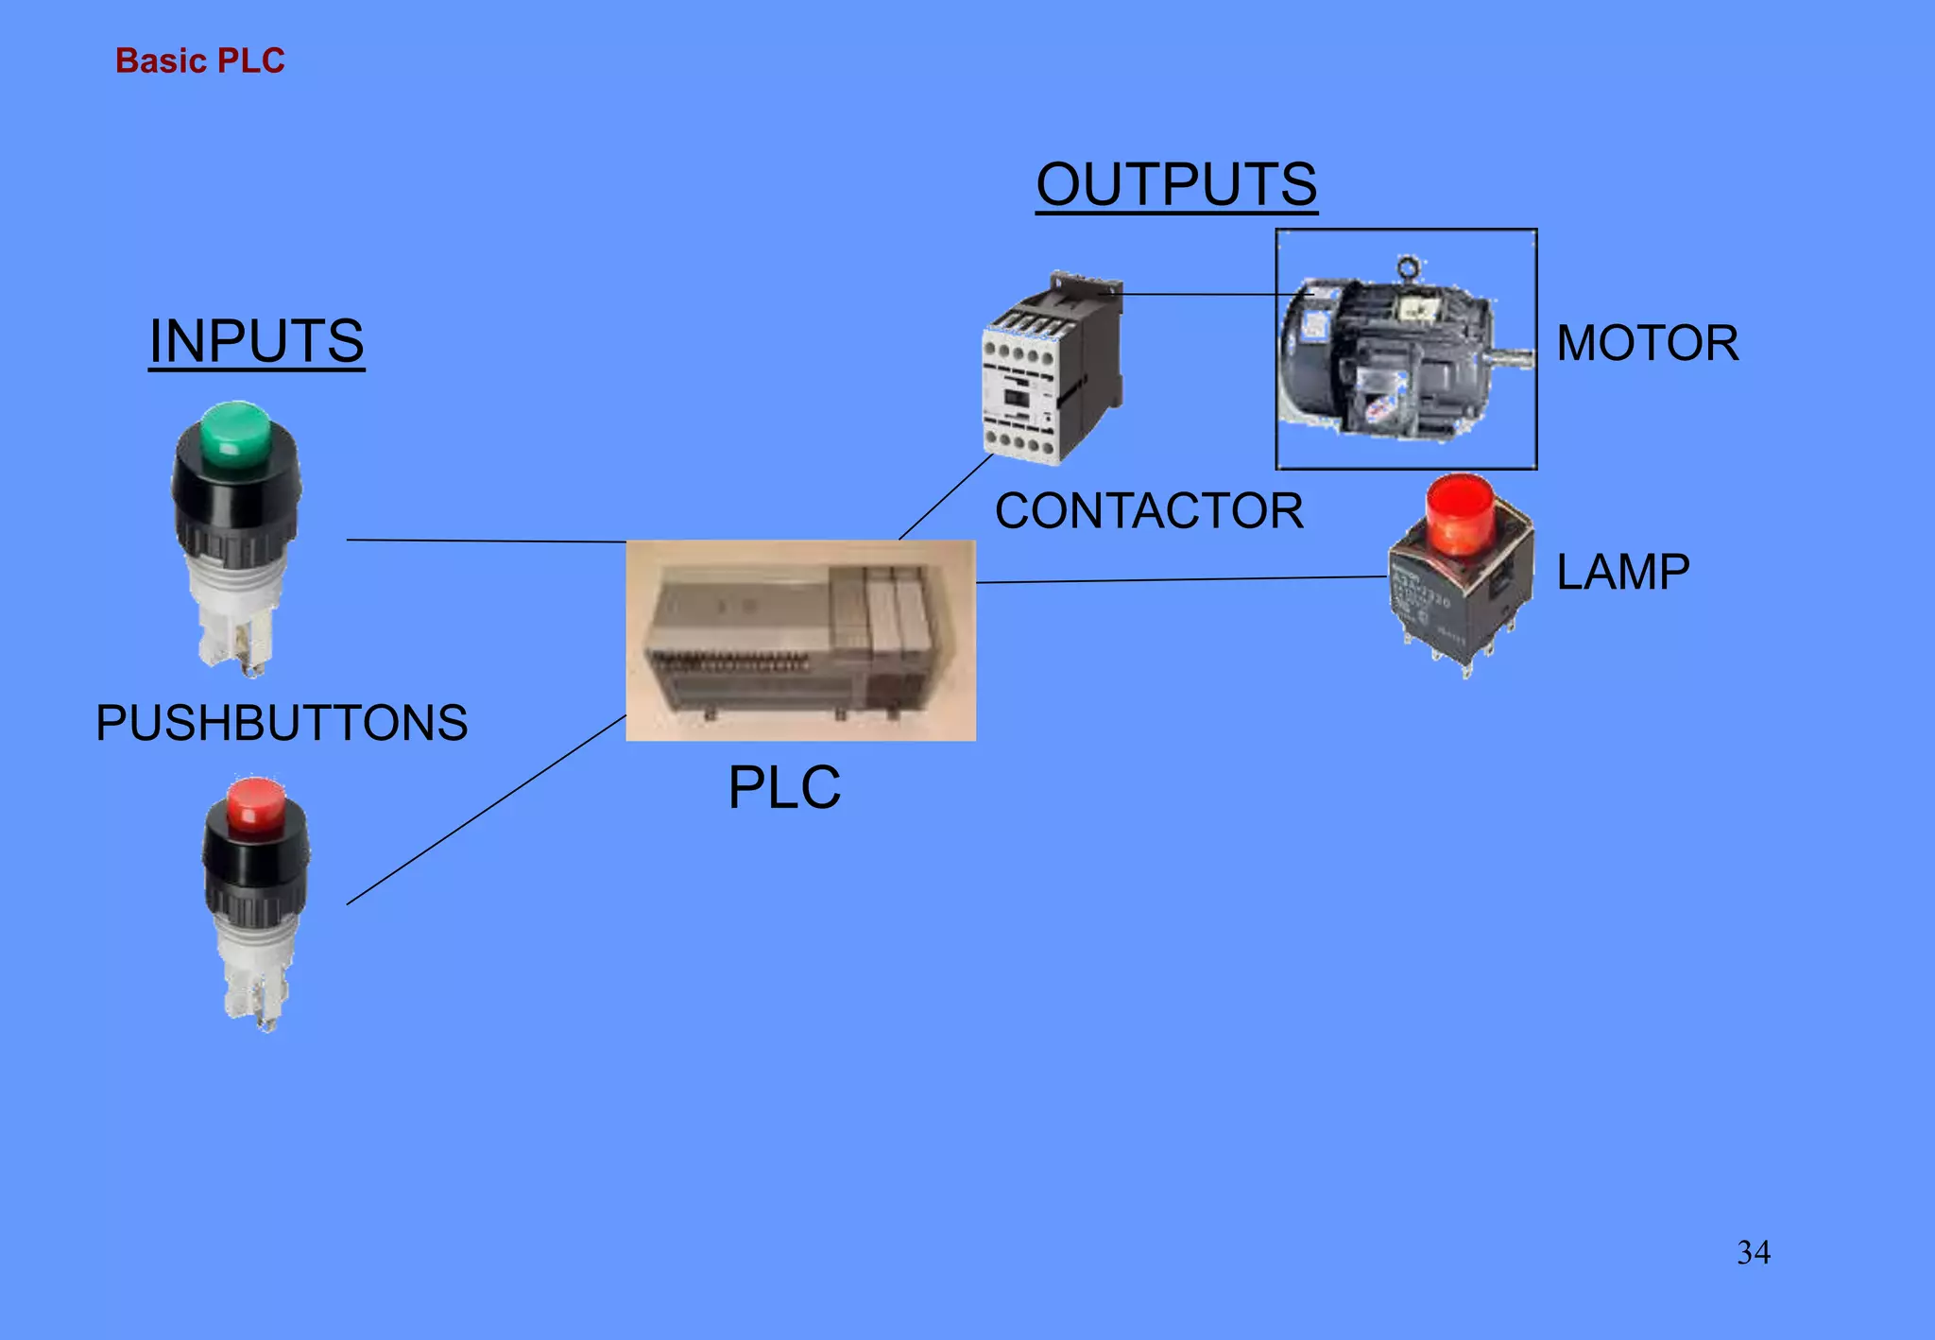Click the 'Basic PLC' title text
(199, 60)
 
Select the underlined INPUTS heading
(256, 341)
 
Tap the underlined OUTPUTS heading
(1176, 184)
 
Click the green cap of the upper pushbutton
(235, 430)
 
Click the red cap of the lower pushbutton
(256, 804)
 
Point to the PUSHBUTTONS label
(282, 723)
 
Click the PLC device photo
(800, 640)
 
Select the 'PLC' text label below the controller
(784, 787)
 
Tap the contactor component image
(1052, 370)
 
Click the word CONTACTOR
(1149, 511)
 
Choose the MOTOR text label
(1647, 343)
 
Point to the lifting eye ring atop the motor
(1409, 267)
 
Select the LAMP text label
(1622, 572)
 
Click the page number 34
(1754, 1252)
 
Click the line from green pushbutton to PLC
(487, 541)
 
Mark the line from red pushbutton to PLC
(487, 810)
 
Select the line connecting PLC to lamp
(1181, 579)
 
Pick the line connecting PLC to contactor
(945, 497)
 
